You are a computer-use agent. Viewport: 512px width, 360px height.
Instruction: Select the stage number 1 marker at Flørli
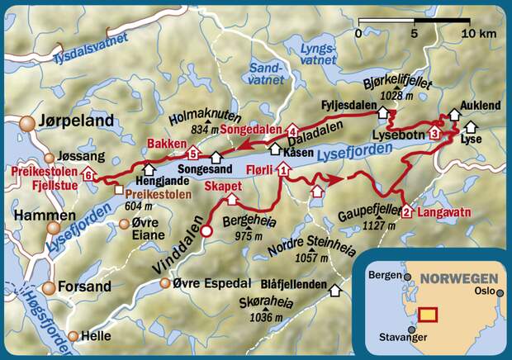point(284,171)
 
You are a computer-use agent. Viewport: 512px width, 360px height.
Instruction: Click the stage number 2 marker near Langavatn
point(407,212)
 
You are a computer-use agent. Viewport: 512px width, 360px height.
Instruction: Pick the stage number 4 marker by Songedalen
point(292,130)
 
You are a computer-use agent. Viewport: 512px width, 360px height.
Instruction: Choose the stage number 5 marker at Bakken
point(193,154)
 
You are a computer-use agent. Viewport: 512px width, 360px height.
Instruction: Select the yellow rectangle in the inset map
point(429,314)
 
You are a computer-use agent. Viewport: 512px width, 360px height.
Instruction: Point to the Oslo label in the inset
point(483,291)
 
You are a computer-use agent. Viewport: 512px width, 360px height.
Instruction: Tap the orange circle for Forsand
point(49,288)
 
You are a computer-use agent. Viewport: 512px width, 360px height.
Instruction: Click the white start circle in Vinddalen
point(207,231)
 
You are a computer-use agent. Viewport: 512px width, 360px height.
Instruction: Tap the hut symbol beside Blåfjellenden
point(335,289)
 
